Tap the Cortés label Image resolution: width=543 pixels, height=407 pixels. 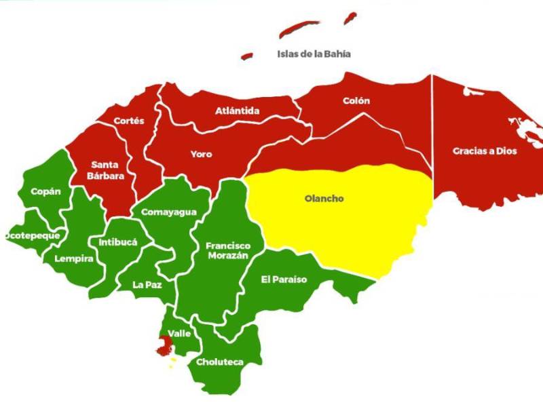(128, 121)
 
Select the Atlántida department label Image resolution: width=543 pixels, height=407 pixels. (238, 111)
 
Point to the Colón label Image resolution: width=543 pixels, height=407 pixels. (356, 100)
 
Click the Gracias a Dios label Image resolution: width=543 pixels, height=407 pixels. (485, 151)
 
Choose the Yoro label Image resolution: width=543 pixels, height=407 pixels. (201, 154)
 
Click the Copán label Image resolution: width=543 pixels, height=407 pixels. (45, 191)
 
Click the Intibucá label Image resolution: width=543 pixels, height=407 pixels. (118, 241)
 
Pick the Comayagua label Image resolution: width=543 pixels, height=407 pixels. (169, 212)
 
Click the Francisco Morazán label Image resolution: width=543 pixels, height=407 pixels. (228, 250)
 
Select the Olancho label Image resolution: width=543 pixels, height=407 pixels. (324, 199)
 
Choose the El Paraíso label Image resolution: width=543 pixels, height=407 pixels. (284, 279)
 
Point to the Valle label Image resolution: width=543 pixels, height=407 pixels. (179, 333)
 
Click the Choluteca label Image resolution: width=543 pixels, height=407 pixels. (219, 362)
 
